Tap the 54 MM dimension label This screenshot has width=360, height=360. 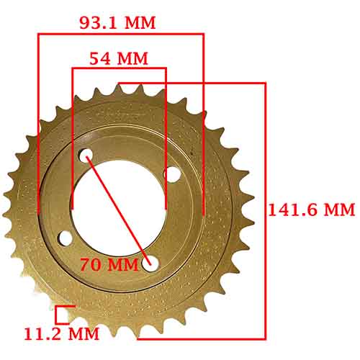tap(119, 58)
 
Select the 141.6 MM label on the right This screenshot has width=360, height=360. tap(311, 210)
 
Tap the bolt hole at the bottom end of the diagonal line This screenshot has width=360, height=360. tap(150, 264)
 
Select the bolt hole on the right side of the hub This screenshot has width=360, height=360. tap(171, 174)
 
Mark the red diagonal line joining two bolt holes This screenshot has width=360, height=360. tap(118, 209)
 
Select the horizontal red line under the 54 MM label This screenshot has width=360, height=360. tap(119, 69)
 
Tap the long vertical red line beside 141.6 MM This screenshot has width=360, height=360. tap(266, 210)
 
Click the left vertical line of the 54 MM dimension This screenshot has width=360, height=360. tap(72, 137)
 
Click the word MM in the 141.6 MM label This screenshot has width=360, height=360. tap(338, 210)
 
